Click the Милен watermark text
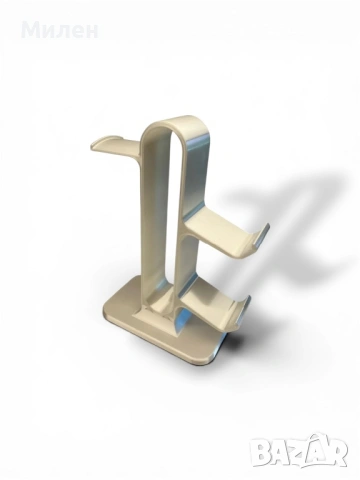coord(60,31)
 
